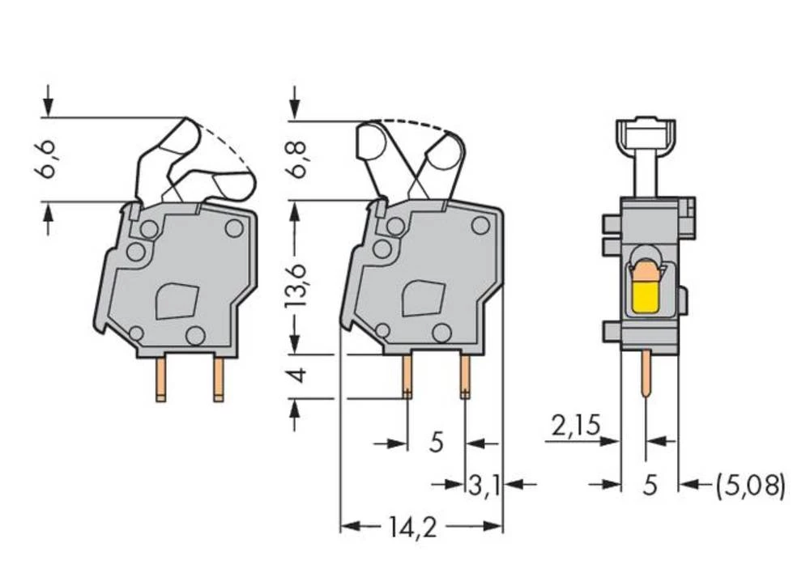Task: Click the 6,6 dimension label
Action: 49,159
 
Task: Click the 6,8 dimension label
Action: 297,159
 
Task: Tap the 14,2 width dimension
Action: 410,528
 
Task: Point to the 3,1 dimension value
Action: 484,485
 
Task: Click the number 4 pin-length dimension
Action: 296,376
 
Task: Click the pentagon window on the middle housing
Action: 422,298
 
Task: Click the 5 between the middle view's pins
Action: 436,444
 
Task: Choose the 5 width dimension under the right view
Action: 649,485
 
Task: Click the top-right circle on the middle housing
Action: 480,226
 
